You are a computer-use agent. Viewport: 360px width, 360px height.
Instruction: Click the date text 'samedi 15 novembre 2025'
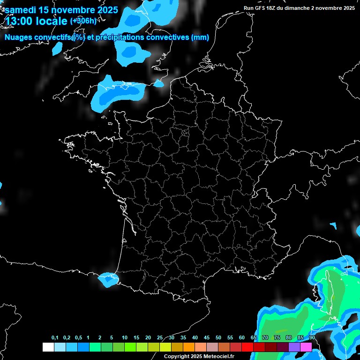tap(61, 10)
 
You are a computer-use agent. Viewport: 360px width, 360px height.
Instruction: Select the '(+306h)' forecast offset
tap(83, 21)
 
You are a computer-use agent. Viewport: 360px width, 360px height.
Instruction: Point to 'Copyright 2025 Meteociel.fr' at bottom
tap(199, 356)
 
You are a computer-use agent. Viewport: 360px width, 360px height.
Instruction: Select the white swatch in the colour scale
tap(48, 347)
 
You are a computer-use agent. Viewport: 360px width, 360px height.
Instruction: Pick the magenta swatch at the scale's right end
tap(306, 347)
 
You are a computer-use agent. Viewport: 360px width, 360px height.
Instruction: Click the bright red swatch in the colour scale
tap(247, 347)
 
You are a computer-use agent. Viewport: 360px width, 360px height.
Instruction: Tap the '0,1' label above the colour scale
tap(55, 338)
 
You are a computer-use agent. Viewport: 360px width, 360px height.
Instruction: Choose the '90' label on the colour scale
tap(312, 338)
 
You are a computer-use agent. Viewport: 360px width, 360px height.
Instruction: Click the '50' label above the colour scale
tap(218, 338)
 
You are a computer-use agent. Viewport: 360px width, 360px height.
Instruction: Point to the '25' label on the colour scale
tap(160, 338)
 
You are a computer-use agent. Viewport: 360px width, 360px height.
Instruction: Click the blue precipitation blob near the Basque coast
tap(108, 279)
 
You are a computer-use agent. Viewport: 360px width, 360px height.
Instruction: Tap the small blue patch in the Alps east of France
tap(334, 226)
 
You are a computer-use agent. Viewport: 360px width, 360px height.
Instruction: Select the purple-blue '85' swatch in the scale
tap(294, 347)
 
